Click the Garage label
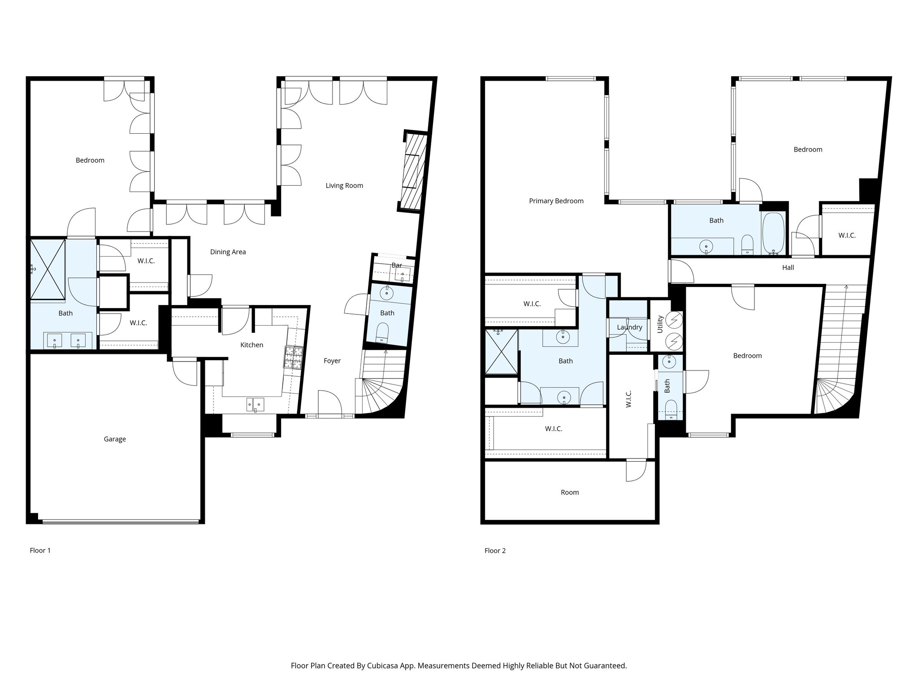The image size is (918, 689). pyautogui.click(x=115, y=439)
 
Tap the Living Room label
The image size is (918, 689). pyautogui.click(x=344, y=186)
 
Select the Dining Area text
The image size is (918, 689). pyautogui.click(x=228, y=252)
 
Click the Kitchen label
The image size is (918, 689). pyautogui.click(x=251, y=345)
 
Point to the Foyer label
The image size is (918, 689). pyautogui.click(x=332, y=361)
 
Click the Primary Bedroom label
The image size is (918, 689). pyautogui.click(x=556, y=201)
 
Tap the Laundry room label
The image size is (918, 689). pyautogui.click(x=629, y=327)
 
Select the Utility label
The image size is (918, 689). pyautogui.click(x=660, y=324)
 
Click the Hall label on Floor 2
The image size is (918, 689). pyautogui.click(x=788, y=268)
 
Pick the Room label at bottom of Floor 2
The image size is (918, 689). pyautogui.click(x=570, y=493)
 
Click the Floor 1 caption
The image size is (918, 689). pyautogui.click(x=40, y=550)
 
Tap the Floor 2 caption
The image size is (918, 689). pyautogui.click(x=495, y=551)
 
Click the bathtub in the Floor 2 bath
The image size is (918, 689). pyautogui.click(x=774, y=233)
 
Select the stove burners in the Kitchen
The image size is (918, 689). pyautogui.click(x=293, y=358)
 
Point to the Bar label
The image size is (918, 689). pyautogui.click(x=397, y=266)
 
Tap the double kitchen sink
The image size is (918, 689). pyautogui.click(x=255, y=404)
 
